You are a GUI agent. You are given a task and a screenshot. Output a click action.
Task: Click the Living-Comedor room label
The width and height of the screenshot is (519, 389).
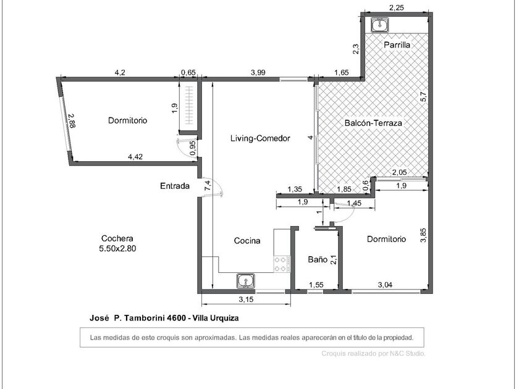(260, 138)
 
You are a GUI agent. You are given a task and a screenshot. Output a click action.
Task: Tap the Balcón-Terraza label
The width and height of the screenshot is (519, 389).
(373, 123)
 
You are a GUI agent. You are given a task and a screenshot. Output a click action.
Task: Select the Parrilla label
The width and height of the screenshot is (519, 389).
(397, 45)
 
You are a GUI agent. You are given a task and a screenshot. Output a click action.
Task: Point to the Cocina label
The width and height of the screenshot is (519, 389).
(247, 241)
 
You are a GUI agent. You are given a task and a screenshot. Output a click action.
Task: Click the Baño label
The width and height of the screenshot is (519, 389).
(318, 259)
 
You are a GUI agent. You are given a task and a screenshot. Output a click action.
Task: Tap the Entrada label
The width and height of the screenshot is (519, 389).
(175, 186)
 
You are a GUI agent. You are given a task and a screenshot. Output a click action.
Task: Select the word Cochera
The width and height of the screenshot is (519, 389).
(117, 238)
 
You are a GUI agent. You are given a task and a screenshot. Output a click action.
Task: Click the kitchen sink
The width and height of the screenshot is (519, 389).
(246, 281)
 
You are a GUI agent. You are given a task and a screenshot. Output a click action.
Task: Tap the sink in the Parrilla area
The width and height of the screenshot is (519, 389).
(381, 25)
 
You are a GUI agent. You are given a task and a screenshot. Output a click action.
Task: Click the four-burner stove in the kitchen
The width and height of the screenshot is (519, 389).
(281, 264)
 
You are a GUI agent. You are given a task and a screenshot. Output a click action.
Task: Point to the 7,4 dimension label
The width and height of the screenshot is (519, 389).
(208, 185)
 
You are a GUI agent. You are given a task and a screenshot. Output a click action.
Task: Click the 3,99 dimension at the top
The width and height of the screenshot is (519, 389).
(258, 72)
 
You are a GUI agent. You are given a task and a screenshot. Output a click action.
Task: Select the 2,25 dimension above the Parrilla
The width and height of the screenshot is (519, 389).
(396, 8)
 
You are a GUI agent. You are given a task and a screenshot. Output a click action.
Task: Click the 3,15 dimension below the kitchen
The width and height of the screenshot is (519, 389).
(246, 299)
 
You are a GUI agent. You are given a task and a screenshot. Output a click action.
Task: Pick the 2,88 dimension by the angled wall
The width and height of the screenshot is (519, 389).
(72, 121)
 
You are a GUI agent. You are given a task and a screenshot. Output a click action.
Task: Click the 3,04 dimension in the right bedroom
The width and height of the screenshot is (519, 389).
(385, 285)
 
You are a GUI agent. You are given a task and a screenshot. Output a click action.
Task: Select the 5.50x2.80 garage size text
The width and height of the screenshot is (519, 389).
(117, 248)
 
